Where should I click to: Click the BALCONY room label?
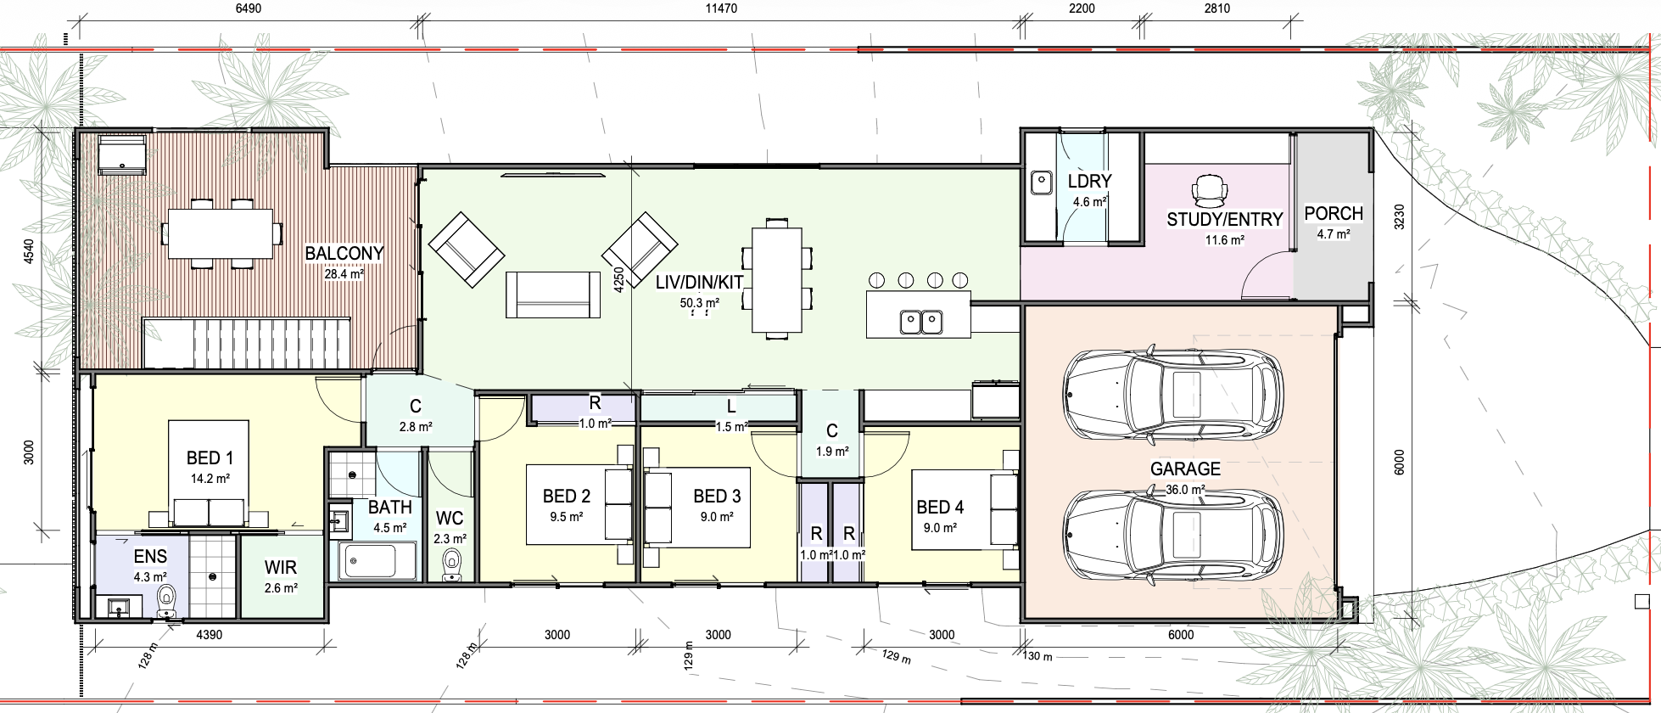[x=344, y=253]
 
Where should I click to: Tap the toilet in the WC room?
[x=452, y=564]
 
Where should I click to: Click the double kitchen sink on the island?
[x=920, y=322]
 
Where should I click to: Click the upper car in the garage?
[x=1173, y=393]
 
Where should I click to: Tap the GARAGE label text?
[x=1185, y=469]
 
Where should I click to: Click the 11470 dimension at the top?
[x=721, y=8]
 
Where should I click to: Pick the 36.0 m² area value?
[x=1185, y=490]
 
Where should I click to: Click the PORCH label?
[x=1334, y=213]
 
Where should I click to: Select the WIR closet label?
[x=280, y=567]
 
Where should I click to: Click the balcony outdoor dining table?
[x=225, y=233]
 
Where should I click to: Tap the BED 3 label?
[x=717, y=496]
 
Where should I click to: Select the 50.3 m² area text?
[x=700, y=303]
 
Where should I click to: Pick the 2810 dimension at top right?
[x=1216, y=8]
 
